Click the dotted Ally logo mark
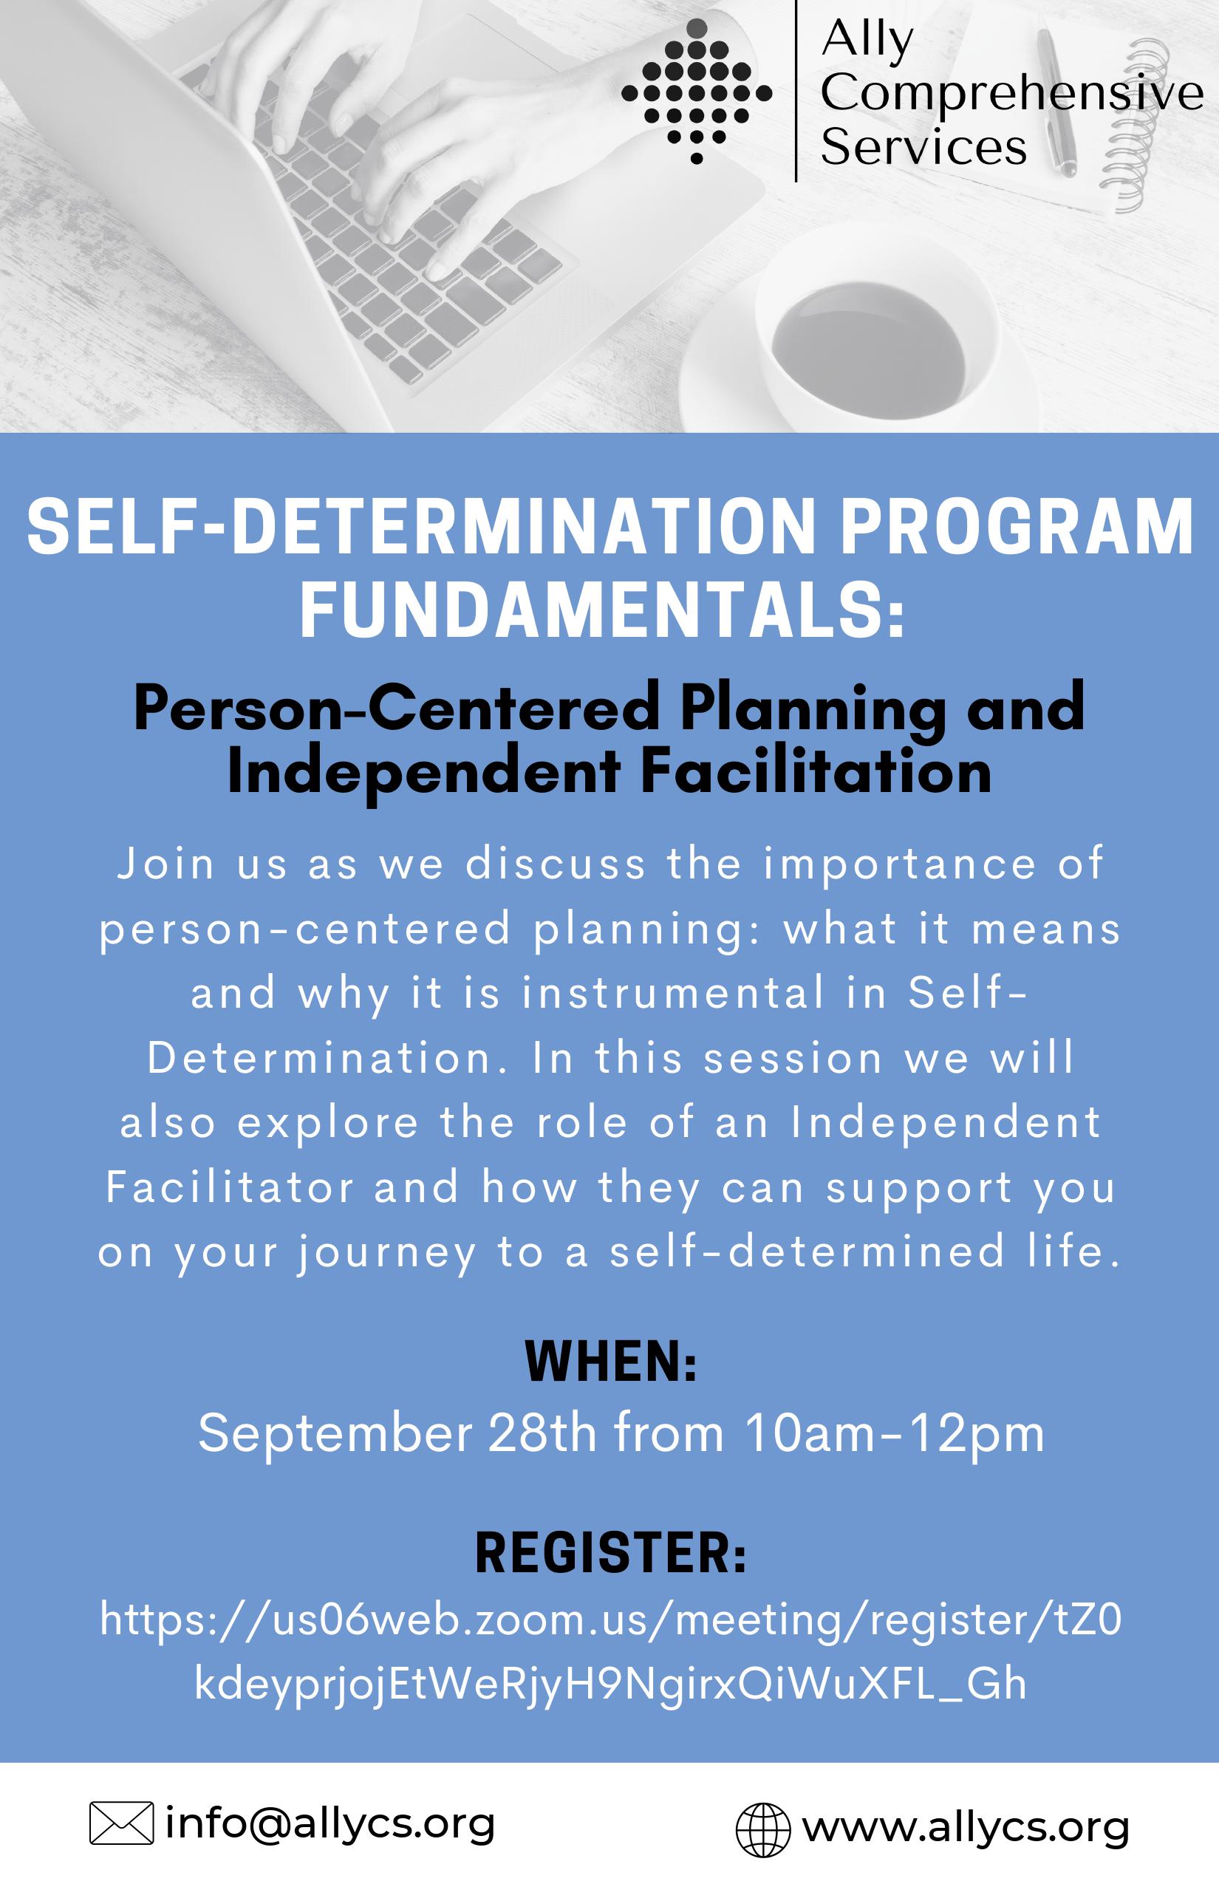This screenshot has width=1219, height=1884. [x=697, y=91]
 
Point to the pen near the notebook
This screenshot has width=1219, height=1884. [x=1056, y=103]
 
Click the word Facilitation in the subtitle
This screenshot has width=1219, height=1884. [x=816, y=771]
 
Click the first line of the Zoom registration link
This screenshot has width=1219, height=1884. [x=611, y=1620]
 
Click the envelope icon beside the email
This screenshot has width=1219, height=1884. [x=122, y=1821]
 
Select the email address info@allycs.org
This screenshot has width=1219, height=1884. [x=330, y=1821]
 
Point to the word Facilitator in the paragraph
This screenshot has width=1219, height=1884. [x=231, y=1187]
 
